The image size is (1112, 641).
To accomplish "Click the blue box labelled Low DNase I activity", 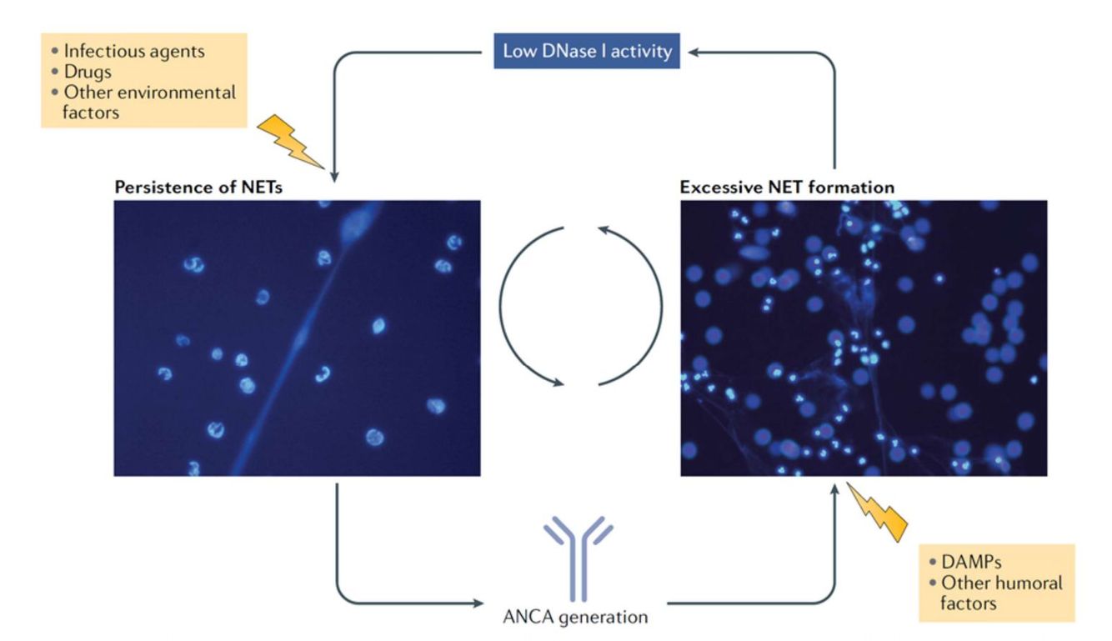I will point(587,51).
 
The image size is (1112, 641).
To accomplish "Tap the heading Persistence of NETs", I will point(198,187).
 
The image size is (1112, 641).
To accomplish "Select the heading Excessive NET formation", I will point(787,187).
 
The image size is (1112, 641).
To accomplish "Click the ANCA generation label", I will point(575,618).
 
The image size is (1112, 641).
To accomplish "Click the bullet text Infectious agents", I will point(133,52).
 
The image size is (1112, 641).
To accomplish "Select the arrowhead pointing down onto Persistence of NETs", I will point(334,176).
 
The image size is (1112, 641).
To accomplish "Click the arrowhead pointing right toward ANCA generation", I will point(478,603).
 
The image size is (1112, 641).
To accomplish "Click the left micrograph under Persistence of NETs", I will point(297,338).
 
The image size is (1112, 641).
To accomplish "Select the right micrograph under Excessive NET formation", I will point(863,338).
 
